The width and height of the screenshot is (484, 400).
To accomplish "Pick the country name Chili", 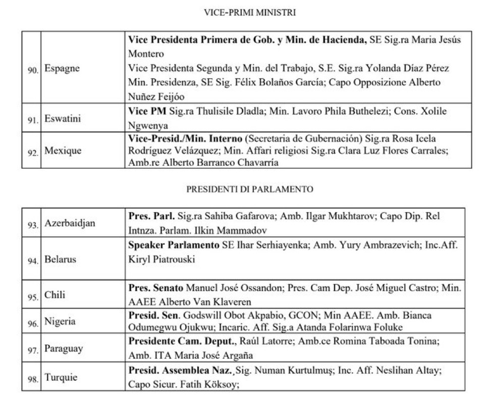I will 55,296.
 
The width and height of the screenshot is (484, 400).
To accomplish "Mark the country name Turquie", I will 61,377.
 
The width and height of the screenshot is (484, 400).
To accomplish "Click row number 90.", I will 34,69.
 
